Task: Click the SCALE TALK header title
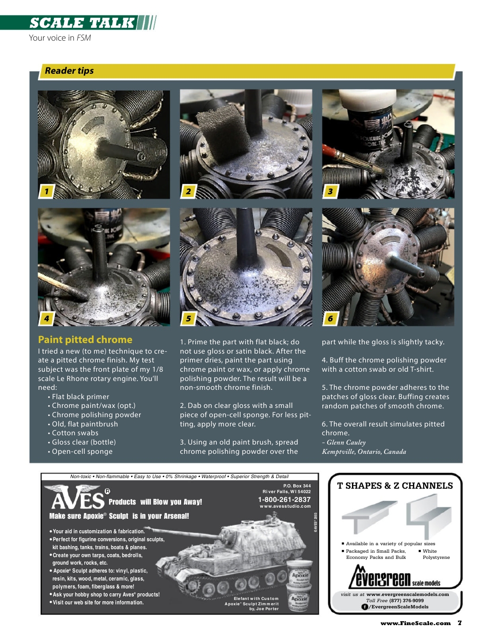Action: click(x=82, y=23)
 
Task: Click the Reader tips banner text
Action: click(x=69, y=71)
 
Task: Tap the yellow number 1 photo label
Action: click(x=46, y=191)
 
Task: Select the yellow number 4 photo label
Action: click(x=46, y=318)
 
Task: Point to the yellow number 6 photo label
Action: click(x=330, y=318)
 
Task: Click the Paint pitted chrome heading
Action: click(x=85, y=339)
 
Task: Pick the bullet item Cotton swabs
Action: click(x=75, y=433)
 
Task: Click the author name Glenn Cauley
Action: click(x=346, y=442)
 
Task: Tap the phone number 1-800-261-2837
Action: click(x=284, y=499)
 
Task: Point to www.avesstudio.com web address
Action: click(x=285, y=506)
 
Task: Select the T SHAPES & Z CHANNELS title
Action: click(x=395, y=486)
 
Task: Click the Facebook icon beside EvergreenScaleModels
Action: click(x=365, y=607)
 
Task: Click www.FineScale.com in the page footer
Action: click(x=416, y=623)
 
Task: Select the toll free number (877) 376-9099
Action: click(x=406, y=600)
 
